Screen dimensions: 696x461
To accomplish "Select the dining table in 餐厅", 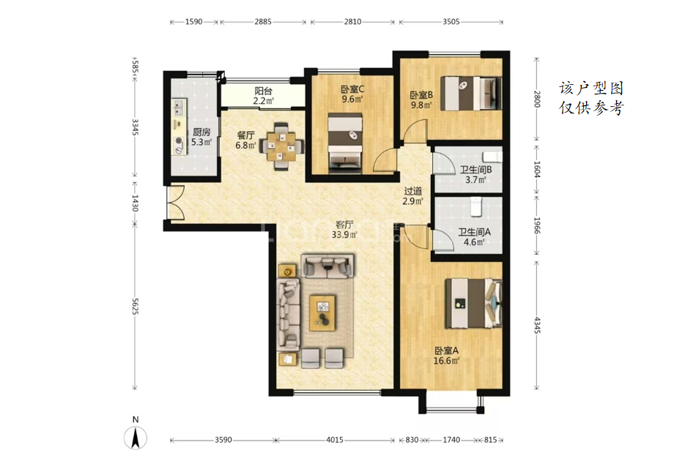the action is point(281,146).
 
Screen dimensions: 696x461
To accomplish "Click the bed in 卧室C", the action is point(345,143).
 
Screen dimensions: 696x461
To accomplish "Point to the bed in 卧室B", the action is point(471,93).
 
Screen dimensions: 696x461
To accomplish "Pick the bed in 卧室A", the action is point(474,304).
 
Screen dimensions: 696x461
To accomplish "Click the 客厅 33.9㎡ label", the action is point(344,230).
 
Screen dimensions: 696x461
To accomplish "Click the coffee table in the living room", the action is point(322,313).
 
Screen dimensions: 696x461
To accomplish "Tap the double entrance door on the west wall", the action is point(174,203).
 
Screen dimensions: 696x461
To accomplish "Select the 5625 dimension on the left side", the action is point(136,307).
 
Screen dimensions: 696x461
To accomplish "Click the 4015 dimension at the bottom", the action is point(335,440).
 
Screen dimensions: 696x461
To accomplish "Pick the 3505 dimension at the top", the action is point(451,21).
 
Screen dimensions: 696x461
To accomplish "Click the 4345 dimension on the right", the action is point(537,325).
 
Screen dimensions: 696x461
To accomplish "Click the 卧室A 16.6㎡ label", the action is point(447,356).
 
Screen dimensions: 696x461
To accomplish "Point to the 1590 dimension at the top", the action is point(194,21).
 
